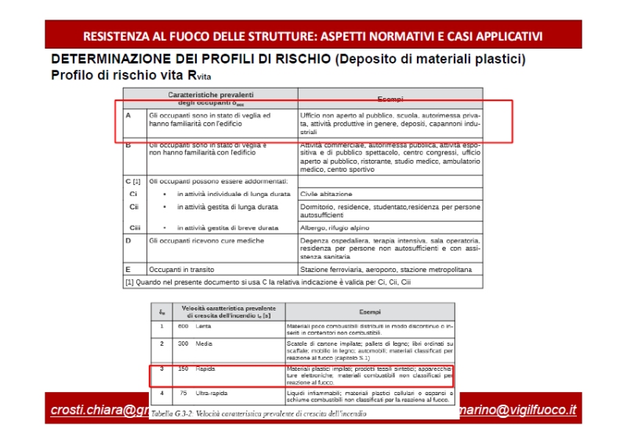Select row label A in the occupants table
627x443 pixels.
click(128, 115)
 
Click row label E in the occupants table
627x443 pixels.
click(128, 269)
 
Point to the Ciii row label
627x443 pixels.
click(134, 227)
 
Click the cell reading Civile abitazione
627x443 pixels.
click(326, 194)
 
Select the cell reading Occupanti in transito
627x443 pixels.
click(182, 269)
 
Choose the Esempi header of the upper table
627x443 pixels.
click(390, 99)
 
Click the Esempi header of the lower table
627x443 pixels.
click(369, 312)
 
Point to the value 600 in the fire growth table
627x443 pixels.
click(183, 325)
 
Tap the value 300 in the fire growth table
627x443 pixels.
click(183, 343)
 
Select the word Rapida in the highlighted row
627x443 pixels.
click(207, 368)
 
